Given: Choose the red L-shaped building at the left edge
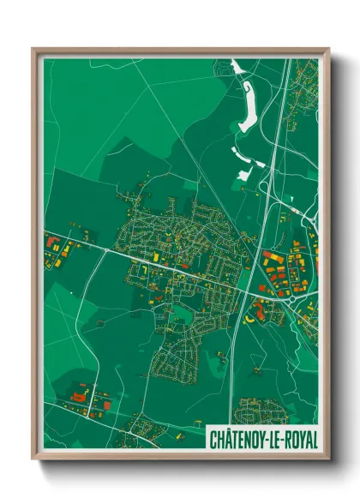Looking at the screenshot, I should point(51,241).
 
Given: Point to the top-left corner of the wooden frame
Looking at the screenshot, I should point(33,49).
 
